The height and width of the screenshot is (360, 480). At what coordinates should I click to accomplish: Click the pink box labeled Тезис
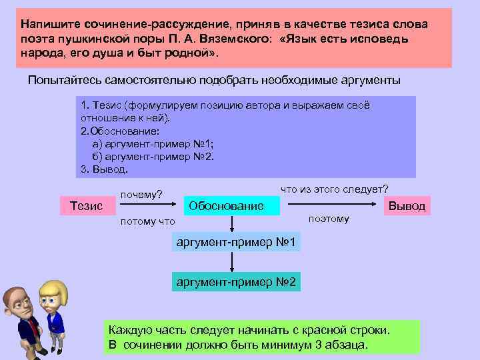[86, 206]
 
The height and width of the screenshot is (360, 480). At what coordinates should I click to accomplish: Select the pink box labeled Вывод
[407, 206]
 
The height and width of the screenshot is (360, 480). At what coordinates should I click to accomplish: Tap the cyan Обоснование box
[227, 206]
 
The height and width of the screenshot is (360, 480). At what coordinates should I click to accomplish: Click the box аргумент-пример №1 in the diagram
[236, 241]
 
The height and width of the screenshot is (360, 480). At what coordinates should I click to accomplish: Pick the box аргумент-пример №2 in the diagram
[236, 283]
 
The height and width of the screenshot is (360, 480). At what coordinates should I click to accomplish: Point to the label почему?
[141, 195]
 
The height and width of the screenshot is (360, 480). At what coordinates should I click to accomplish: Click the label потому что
[147, 221]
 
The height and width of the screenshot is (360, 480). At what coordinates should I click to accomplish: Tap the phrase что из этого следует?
[335, 189]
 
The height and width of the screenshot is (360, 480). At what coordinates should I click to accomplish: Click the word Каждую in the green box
[130, 330]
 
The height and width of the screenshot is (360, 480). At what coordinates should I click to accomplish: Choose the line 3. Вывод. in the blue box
[103, 169]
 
